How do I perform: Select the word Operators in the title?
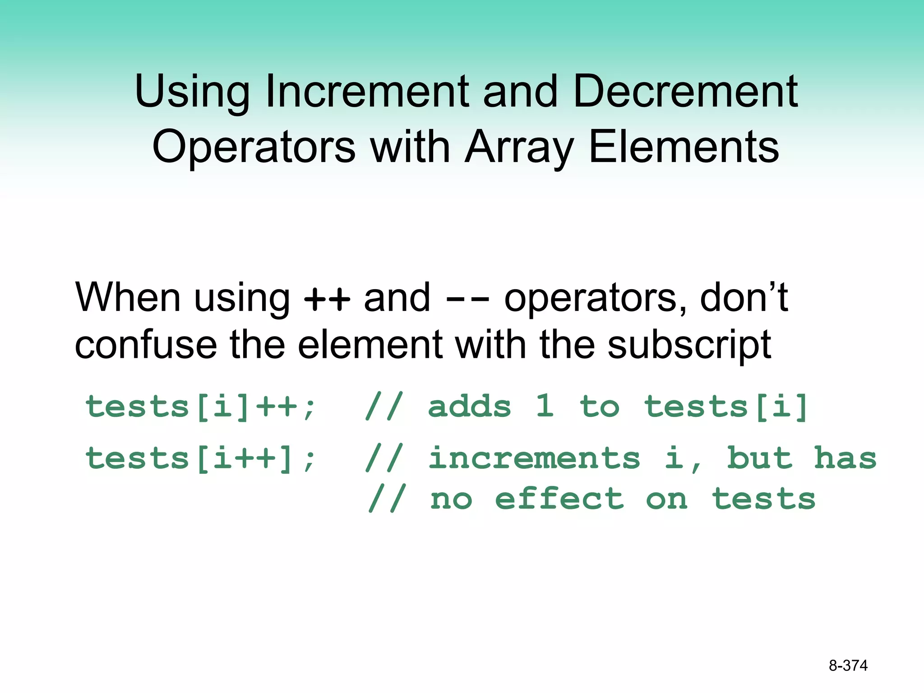(x=254, y=147)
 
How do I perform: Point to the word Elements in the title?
(x=684, y=147)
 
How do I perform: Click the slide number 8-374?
(x=848, y=665)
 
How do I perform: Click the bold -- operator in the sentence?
(x=467, y=299)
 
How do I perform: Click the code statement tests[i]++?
(x=201, y=407)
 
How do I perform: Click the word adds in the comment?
(x=469, y=407)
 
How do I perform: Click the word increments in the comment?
(x=534, y=458)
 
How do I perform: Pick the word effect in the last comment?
(x=559, y=499)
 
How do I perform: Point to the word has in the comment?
(x=845, y=458)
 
